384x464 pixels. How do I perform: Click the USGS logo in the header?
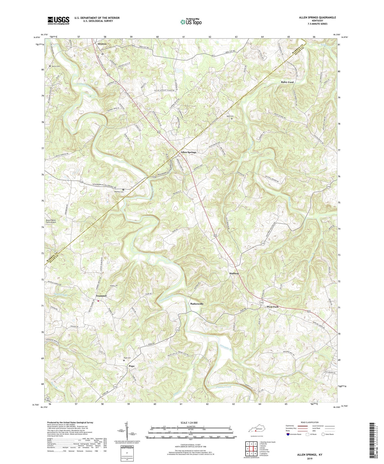tap(58, 20)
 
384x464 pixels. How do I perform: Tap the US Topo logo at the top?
tap(191, 22)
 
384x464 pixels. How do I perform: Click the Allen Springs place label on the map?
tap(188, 152)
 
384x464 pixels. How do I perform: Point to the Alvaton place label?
tap(102, 44)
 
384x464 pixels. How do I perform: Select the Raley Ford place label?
tap(287, 82)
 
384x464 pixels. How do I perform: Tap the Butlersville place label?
tap(197, 304)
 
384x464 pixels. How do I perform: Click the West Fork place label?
tap(273, 307)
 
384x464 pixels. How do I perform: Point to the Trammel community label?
tap(101, 296)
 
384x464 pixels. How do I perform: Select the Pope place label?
tap(132, 366)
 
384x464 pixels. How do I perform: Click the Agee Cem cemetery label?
tap(230, 116)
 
